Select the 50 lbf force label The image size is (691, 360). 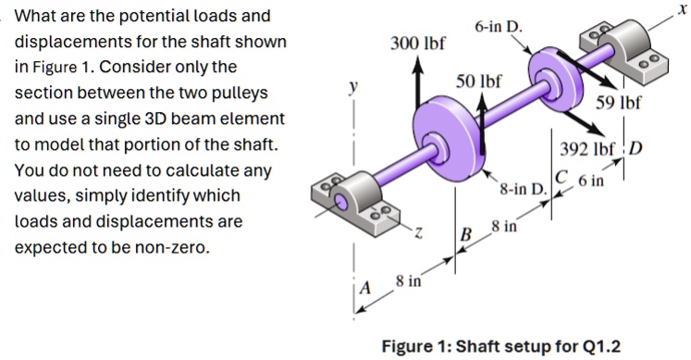click(x=479, y=81)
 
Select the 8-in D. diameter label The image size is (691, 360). click(x=524, y=190)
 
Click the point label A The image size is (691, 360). click(x=364, y=287)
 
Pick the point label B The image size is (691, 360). click(x=466, y=233)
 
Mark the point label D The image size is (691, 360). click(x=636, y=151)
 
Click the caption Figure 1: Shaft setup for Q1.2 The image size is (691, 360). click(x=501, y=346)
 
